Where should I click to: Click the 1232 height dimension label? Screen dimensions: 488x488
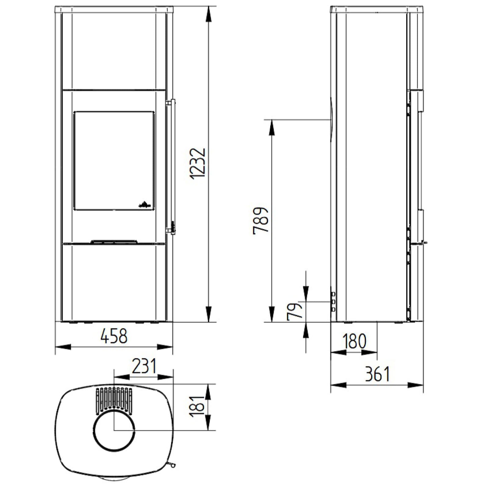click(x=197, y=164)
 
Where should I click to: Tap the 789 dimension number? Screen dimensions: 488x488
click(x=261, y=221)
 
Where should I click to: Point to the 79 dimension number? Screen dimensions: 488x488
click(x=295, y=311)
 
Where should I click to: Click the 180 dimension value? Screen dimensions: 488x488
click(x=354, y=341)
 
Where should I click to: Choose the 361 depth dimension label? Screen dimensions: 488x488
click(x=377, y=374)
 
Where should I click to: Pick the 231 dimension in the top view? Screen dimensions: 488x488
click(x=144, y=366)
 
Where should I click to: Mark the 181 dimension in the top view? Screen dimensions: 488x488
click(x=197, y=407)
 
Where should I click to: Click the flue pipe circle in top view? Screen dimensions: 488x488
click(x=114, y=430)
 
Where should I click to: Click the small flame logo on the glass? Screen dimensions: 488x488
click(x=145, y=204)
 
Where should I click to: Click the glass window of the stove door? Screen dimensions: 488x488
click(x=113, y=160)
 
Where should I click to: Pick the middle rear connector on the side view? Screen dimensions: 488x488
click(x=333, y=302)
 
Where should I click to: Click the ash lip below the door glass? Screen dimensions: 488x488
click(x=114, y=242)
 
